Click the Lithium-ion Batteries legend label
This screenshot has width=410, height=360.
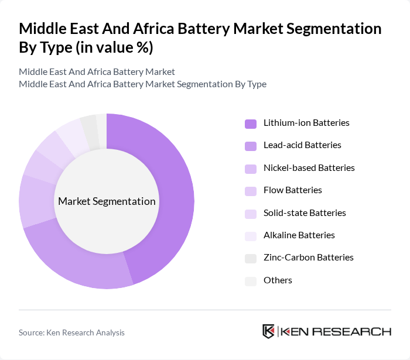(306, 123)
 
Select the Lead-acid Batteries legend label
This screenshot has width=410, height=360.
(302, 145)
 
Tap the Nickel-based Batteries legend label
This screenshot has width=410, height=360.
(309, 168)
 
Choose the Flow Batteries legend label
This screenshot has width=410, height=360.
(293, 190)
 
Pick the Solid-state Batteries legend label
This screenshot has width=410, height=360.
(305, 212)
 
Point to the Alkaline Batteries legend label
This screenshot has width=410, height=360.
(299, 235)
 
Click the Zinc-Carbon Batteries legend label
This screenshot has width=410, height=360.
(309, 258)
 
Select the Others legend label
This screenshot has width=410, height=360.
(278, 280)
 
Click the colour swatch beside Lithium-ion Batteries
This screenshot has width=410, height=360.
(251, 124)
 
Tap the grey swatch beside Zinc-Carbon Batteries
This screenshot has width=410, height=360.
(251, 258)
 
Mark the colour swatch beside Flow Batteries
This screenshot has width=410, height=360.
(251, 191)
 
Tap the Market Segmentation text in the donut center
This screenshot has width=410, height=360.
(107, 201)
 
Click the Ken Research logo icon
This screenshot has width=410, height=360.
(269, 331)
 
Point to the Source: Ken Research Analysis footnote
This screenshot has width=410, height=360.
(71, 332)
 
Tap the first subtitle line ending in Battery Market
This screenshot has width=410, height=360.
(97, 72)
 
